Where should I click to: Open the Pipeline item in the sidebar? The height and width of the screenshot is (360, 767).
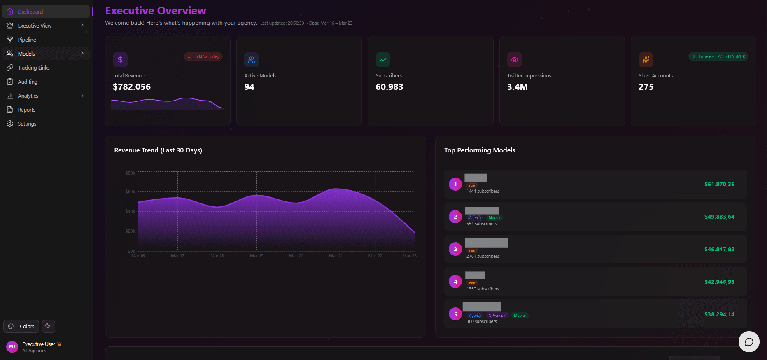coord(27,40)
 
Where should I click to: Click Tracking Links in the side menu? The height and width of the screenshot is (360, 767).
coord(33,68)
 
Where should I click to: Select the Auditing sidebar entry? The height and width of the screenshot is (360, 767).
coord(28,82)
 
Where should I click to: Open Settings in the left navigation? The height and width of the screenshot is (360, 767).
coord(27,124)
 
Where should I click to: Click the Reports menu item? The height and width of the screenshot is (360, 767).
coord(26,110)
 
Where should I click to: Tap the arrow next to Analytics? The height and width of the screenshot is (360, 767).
coord(82,96)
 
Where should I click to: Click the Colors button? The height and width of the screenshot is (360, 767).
coord(21,326)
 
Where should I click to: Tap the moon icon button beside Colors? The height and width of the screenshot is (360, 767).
coord(48,326)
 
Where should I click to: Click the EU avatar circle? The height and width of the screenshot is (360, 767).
coord(12,347)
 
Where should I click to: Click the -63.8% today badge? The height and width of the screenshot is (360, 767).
coord(203,56)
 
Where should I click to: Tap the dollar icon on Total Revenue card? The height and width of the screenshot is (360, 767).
coord(120,60)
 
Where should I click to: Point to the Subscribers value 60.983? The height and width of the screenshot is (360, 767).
coord(389,87)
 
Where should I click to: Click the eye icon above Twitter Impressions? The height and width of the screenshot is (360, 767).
coord(514,60)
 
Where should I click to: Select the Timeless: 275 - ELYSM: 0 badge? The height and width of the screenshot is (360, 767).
coord(718,56)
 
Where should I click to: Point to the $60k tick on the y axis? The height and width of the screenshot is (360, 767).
coord(130,192)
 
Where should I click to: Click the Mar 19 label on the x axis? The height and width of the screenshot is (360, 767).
coord(256,256)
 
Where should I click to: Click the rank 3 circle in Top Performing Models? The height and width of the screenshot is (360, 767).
coord(455,249)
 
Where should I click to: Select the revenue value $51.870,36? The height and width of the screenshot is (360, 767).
coord(719,184)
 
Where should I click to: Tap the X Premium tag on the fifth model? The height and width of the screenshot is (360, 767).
coord(497,316)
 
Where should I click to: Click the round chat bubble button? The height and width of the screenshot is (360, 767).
coord(748,341)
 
